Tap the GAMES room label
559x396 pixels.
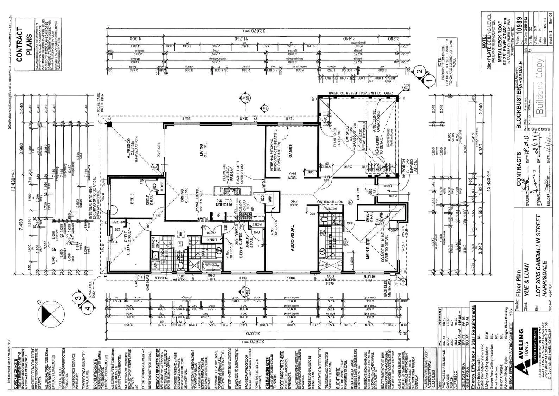pos(291,151)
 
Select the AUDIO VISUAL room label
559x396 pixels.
pos(292,238)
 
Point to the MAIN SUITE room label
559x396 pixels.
pos(368,249)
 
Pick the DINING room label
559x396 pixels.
pos(182,196)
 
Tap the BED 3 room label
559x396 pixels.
pos(132,198)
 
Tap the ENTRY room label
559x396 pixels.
pos(358,194)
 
